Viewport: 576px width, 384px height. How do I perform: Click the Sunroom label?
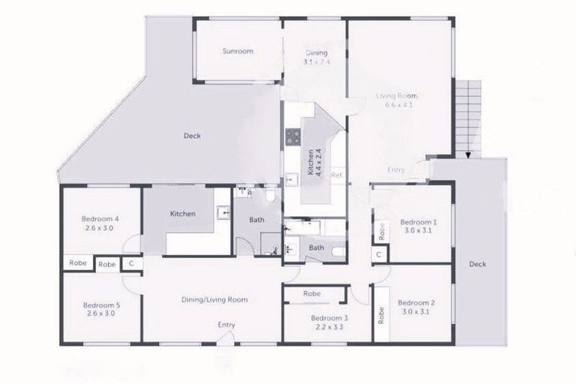(x=237, y=52)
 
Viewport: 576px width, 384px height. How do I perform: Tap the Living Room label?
(x=397, y=96)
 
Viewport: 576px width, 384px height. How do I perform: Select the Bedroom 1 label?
(x=418, y=222)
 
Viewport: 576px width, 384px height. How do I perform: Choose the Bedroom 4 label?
(x=101, y=219)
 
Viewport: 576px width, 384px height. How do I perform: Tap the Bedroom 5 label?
(x=102, y=305)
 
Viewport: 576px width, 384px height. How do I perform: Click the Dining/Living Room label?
(x=214, y=299)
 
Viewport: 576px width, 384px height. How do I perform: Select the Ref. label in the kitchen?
(x=337, y=175)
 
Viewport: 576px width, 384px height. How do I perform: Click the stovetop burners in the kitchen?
(x=292, y=136)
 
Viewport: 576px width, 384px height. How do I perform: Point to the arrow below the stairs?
(x=469, y=155)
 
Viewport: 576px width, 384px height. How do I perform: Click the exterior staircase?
(x=469, y=112)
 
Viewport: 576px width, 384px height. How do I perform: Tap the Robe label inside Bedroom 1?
(x=382, y=230)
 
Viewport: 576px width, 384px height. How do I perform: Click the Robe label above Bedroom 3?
(x=312, y=294)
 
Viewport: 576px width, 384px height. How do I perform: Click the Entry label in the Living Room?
(x=396, y=170)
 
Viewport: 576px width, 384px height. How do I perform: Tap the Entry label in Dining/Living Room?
(x=226, y=325)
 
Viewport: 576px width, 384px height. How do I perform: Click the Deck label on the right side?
(x=478, y=264)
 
